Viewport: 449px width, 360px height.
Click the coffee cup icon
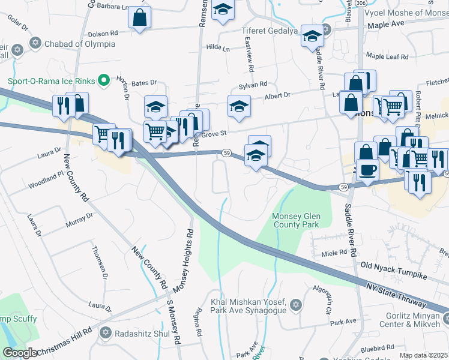click(x=367, y=169)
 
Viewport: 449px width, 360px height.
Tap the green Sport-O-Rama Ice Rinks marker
click(x=103, y=79)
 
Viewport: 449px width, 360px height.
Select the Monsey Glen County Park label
click(x=297, y=220)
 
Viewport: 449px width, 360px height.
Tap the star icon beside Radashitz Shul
click(x=106, y=332)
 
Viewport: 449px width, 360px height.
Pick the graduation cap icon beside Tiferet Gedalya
click(x=312, y=35)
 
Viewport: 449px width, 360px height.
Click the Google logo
click(x=20, y=353)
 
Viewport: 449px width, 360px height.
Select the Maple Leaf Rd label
click(x=387, y=56)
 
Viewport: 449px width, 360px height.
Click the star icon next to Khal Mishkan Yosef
click(x=295, y=306)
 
